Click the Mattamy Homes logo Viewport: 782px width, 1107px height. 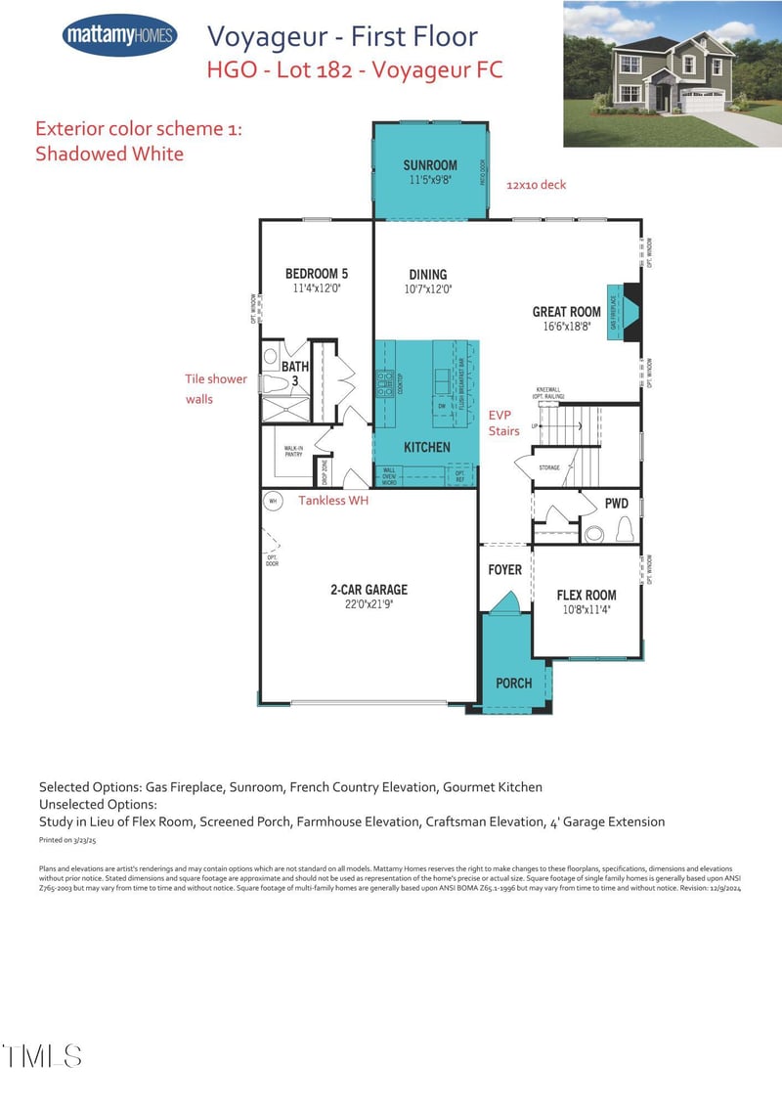point(119,37)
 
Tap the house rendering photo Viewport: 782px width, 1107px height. point(672,73)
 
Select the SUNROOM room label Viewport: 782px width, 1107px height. point(429,165)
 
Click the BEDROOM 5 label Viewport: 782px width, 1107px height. point(316,274)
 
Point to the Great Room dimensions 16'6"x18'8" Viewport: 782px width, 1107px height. point(566,328)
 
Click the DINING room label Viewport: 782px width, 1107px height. point(427,275)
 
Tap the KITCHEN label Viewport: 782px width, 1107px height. point(427,447)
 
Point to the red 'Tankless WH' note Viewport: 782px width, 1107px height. point(333,501)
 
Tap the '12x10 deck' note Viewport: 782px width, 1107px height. point(536,185)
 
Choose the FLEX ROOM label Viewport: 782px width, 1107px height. point(586,595)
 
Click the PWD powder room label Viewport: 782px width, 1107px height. point(616,504)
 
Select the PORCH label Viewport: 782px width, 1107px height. point(513,683)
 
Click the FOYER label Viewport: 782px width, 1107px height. point(504,569)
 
